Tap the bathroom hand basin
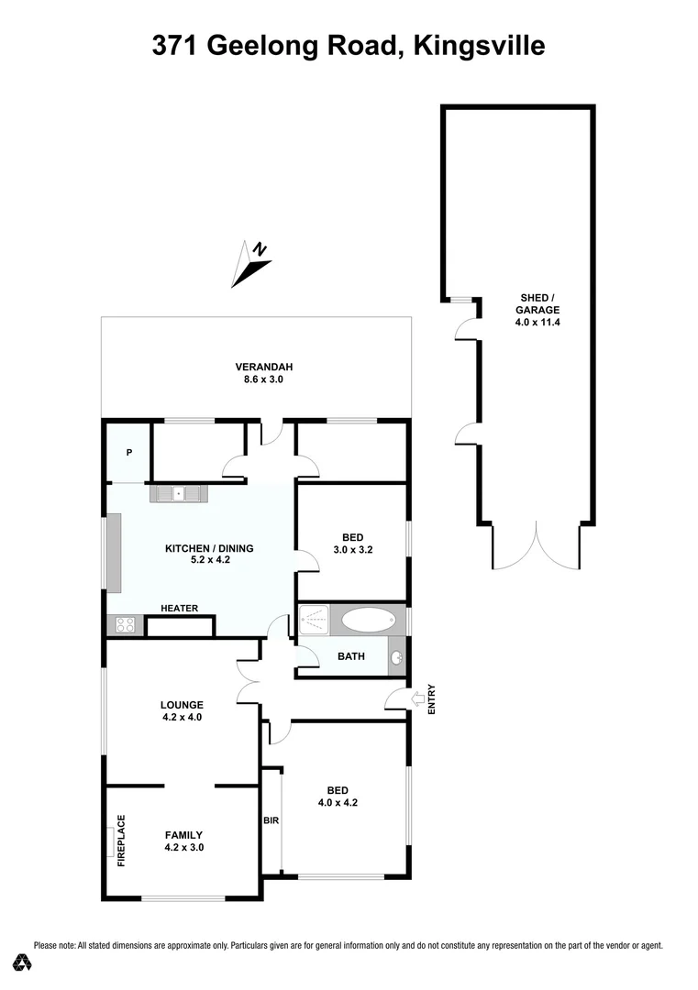pyautogui.click(x=396, y=657)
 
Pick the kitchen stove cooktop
pyautogui.click(x=125, y=626)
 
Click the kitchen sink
pyautogui.click(x=179, y=493)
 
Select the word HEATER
pyautogui.click(x=179, y=609)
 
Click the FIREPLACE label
pyautogui.click(x=120, y=840)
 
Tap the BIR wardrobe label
pyautogui.click(x=271, y=820)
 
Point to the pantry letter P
pyautogui.click(x=129, y=452)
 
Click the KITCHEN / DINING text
pyautogui.click(x=208, y=548)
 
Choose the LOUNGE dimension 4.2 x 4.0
pyautogui.click(x=181, y=718)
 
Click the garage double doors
pyautogui.click(x=537, y=546)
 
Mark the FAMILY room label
pyautogui.click(x=183, y=834)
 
